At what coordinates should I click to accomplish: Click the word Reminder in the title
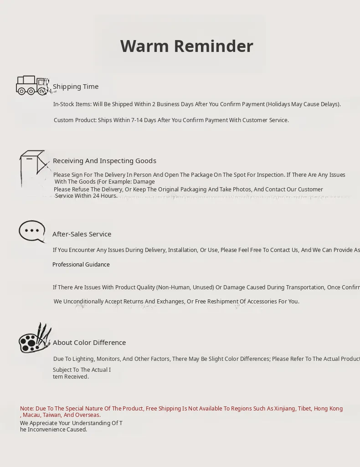213,46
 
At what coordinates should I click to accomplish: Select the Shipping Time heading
76,87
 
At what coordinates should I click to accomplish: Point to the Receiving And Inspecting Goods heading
104,161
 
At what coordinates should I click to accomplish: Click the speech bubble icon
32,231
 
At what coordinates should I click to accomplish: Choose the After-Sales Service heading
82,234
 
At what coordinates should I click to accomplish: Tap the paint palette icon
35,339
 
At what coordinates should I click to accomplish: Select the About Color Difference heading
89,343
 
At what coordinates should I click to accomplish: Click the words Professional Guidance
81,265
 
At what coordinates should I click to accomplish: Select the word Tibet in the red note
305,409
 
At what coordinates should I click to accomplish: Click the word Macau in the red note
31,415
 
